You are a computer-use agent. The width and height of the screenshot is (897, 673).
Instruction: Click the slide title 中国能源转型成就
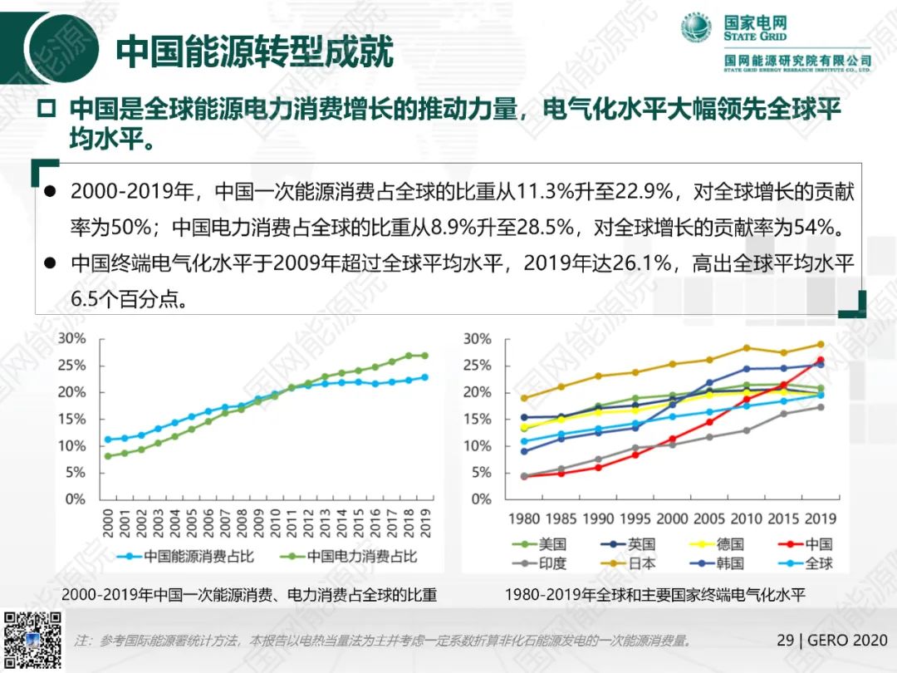[253, 51]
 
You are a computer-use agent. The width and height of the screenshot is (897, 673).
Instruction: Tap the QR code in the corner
[33, 641]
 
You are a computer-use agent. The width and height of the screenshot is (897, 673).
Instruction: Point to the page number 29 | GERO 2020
[831, 641]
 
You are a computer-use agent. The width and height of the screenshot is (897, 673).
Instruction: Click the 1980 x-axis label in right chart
[524, 519]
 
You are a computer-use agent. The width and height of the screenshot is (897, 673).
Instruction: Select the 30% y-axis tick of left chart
[72, 339]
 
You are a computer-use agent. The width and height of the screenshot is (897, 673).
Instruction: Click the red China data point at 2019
[820, 360]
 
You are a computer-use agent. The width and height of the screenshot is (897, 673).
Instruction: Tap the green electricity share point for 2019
[424, 356]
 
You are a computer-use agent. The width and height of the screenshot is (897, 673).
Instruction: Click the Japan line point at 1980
[524, 398]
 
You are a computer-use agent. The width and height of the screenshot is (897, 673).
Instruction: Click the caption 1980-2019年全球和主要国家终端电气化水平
[655, 595]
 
